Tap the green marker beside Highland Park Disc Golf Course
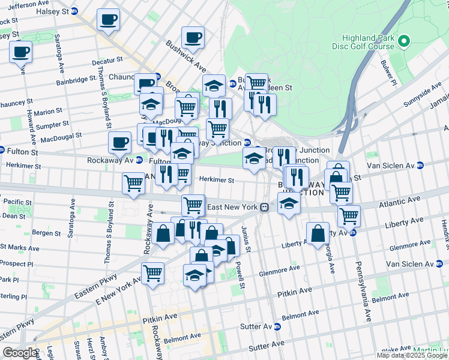[x=404, y=41]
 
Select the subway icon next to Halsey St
[x=74, y=11]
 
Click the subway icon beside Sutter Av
[x=277, y=327]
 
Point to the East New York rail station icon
[x=264, y=208]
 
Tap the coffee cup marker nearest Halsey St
[x=108, y=20]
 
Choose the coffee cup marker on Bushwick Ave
[x=193, y=38]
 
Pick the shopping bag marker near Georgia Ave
[x=318, y=233]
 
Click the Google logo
[x=19, y=353]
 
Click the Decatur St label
[x=107, y=61]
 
